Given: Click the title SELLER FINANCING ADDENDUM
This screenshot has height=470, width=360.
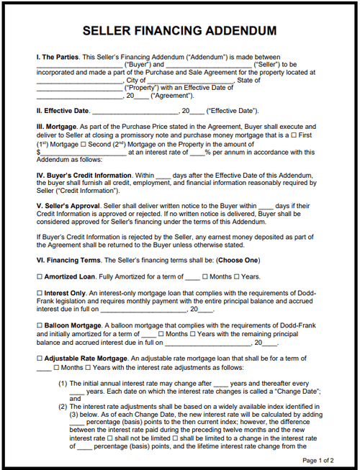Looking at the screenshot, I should [179, 30].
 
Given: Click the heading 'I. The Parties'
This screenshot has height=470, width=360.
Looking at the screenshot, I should [58, 57].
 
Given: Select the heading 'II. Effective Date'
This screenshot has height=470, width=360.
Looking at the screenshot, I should [63, 111].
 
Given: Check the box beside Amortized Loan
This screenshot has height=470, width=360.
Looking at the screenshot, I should [40, 277].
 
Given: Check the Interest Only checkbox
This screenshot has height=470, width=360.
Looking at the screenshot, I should [40, 294].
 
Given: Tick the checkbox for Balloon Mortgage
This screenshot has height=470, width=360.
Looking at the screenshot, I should [40, 326].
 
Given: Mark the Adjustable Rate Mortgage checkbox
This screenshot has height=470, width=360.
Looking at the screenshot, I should [40, 358].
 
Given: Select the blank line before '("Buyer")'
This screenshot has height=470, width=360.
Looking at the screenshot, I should [79, 65].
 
